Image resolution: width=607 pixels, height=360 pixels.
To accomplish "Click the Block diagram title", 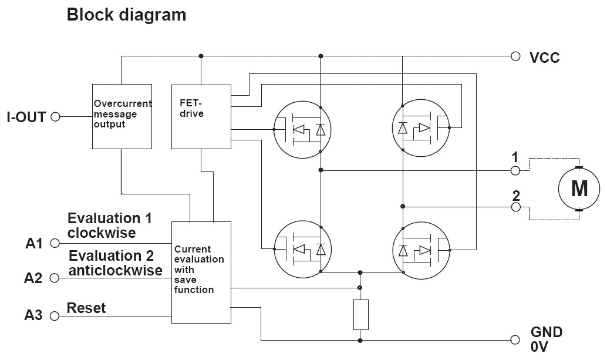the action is point(126,15).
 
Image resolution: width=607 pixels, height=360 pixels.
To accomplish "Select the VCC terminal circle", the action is point(515,56).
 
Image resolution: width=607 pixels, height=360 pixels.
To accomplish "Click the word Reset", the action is point(86,308).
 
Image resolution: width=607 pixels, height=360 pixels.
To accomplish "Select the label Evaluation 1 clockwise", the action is point(110,226).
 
